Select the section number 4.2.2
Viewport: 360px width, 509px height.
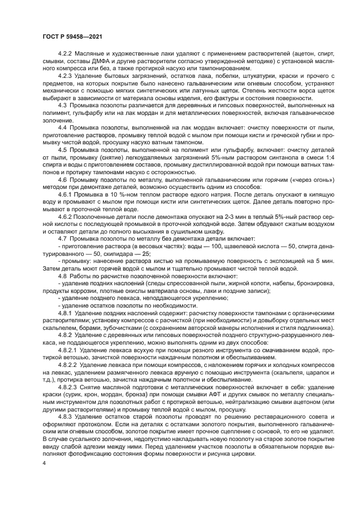(x=65, y=55)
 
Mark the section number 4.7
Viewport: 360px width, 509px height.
(x=62, y=238)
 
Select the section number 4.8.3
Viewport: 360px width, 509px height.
(x=65, y=416)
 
